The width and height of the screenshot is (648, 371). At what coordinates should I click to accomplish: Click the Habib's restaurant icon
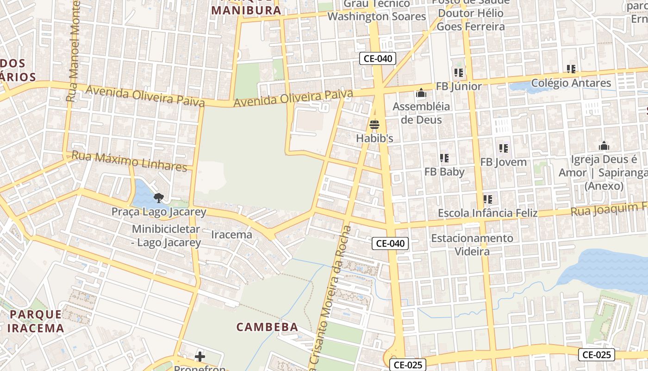[374, 125]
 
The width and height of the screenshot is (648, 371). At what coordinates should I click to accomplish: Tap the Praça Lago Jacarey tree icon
[159, 198]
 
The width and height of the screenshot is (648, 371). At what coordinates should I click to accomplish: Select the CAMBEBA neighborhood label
[267, 327]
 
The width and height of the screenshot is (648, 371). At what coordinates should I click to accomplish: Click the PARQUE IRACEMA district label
[37, 321]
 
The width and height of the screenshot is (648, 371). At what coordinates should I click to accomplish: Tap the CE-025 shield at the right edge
[597, 355]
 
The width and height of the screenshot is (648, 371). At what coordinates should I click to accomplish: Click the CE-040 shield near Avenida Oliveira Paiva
[378, 58]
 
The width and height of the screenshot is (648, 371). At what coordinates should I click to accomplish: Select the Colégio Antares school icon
[571, 69]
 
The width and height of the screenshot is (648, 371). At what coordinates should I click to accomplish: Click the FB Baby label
[444, 172]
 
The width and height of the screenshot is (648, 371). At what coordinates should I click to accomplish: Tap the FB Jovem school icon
[504, 148]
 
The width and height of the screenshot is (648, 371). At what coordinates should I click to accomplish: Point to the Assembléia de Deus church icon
[421, 93]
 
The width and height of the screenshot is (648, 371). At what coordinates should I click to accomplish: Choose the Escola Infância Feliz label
[487, 213]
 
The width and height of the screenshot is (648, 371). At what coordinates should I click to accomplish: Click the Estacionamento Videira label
[472, 245]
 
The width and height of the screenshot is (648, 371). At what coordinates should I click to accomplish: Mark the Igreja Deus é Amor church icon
[604, 146]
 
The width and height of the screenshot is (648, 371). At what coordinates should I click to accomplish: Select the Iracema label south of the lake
[231, 235]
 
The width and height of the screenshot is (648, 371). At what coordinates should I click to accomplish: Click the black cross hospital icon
[200, 356]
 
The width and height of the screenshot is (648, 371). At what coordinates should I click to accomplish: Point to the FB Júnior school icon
[459, 73]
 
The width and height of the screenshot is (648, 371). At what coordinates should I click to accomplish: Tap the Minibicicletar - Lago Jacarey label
[166, 236]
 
